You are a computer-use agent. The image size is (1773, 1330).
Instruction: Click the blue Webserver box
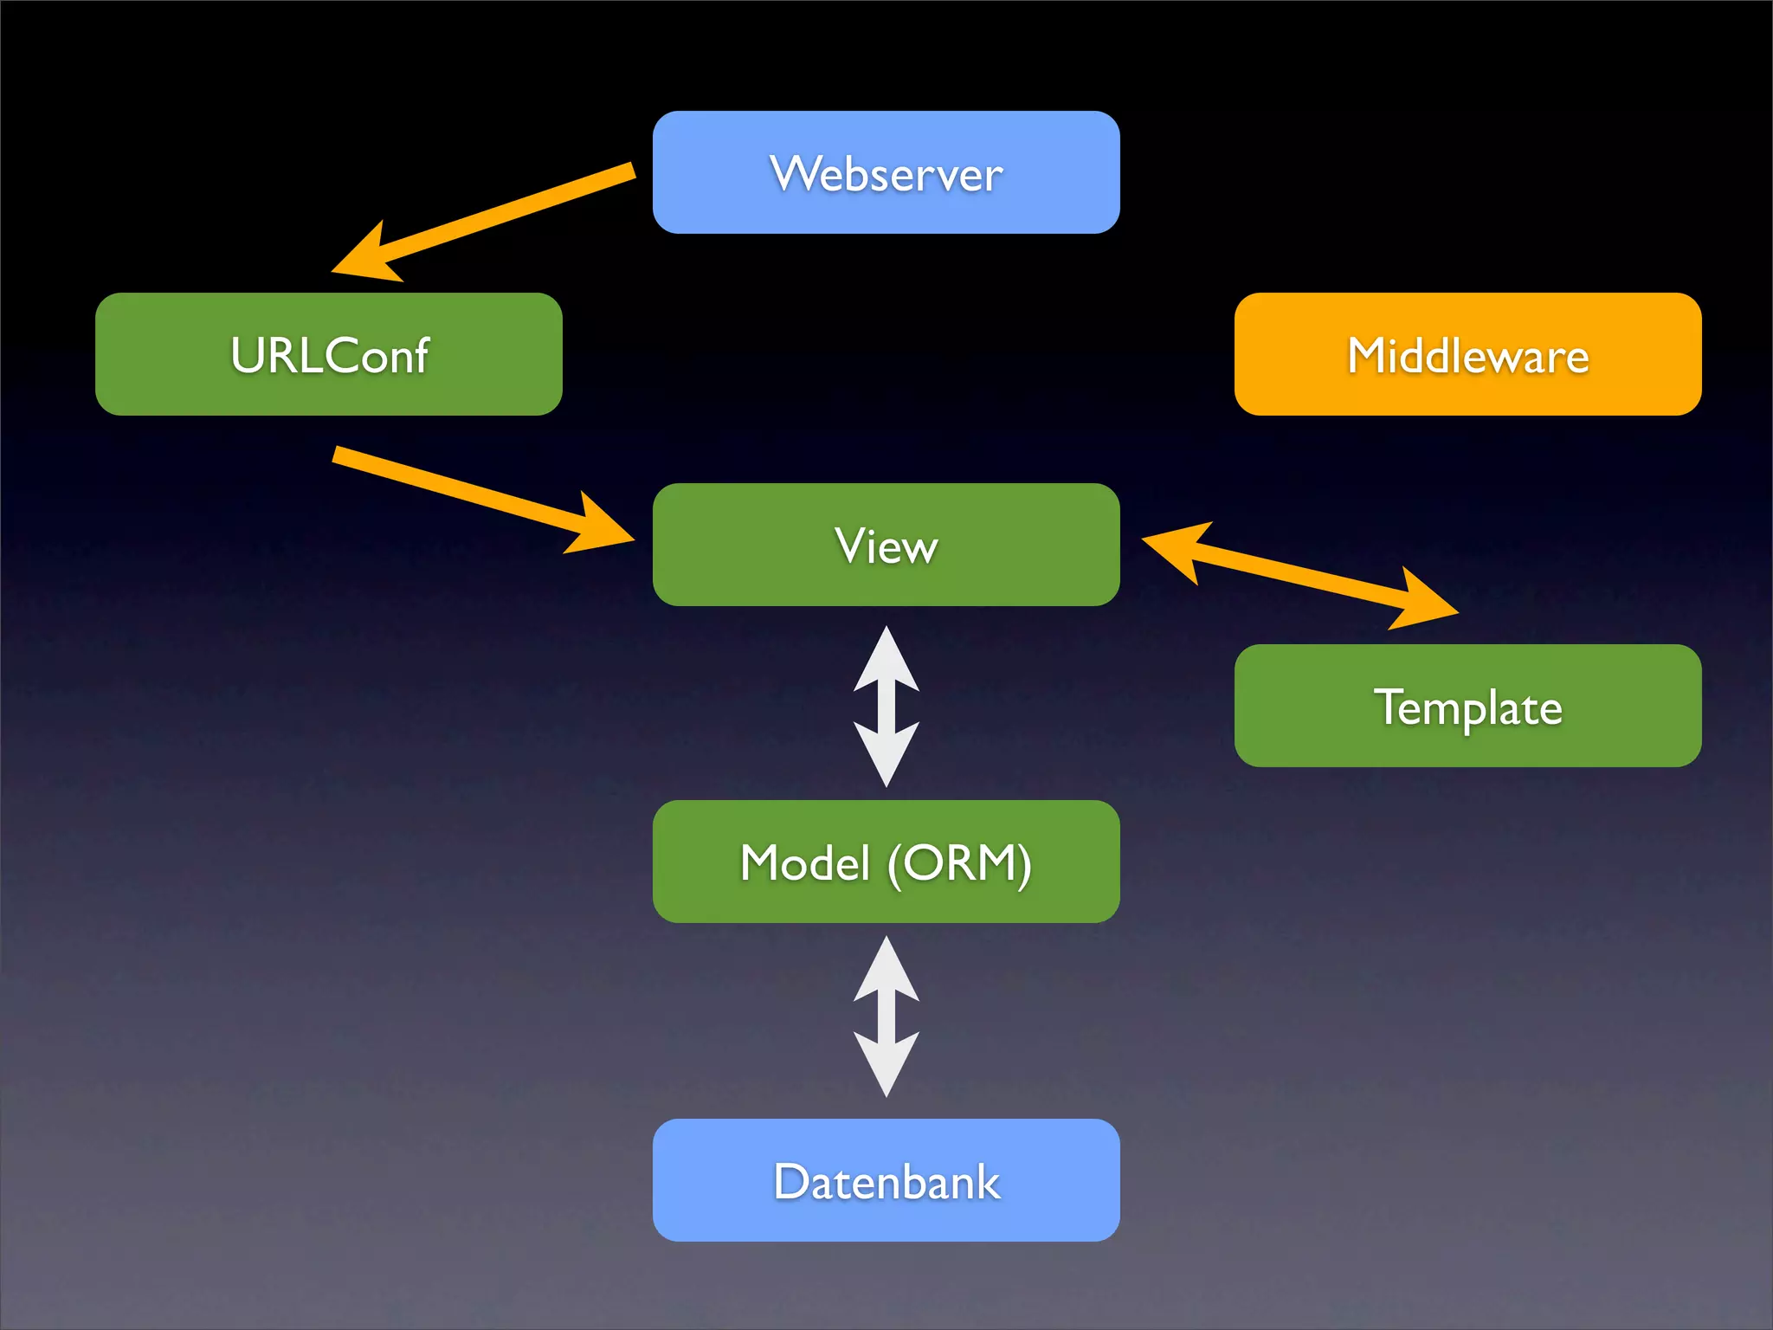coord(886,172)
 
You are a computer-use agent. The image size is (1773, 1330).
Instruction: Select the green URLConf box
coord(328,354)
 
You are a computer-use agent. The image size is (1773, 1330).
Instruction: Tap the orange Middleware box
coord(1467,354)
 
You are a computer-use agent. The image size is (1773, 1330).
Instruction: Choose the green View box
coord(886,545)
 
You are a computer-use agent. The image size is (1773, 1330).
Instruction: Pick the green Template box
coord(1467,706)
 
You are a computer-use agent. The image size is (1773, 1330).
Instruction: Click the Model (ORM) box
coord(886,862)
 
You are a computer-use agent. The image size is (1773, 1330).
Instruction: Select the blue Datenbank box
coord(886,1180)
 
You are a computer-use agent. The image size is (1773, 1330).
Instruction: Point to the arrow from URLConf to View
coord(467,490)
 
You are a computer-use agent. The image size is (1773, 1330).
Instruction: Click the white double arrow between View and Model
coord(886,707)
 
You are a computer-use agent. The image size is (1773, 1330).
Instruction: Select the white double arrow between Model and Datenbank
coord(886,1017)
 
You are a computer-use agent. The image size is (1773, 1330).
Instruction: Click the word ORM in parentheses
coord(959,863)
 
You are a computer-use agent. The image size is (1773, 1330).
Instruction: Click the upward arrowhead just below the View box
coord(886,662)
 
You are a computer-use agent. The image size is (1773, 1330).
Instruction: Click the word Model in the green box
coord(805,863)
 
